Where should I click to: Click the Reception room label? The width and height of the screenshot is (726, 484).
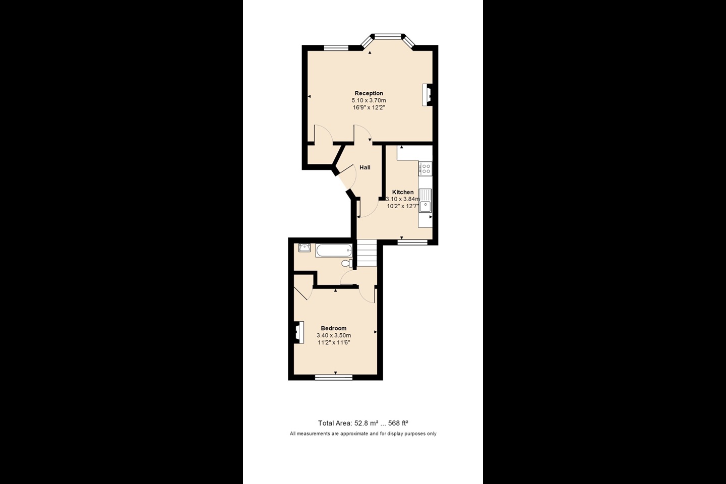click(369, 93)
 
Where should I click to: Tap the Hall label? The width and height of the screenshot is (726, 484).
click(365, 167)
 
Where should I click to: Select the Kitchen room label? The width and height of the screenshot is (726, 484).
click(403, 192)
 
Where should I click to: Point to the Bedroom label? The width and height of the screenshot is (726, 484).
click(334, 328)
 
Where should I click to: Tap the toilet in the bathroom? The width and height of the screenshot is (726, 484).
click(346, 263)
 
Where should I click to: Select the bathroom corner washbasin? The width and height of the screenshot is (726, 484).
click(304, 248)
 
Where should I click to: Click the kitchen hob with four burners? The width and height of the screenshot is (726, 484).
click(426, 168)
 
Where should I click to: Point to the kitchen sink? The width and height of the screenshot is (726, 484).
click(426, 200)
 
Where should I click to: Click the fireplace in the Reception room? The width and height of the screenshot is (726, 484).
click(427, 94)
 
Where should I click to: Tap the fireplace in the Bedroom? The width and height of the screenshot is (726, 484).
click(298, 332)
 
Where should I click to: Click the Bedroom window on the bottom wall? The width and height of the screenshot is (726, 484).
click(334, 377)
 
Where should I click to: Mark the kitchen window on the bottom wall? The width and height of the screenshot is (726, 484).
click(412, 242)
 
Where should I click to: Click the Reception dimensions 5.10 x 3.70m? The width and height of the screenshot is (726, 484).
click(369, 100)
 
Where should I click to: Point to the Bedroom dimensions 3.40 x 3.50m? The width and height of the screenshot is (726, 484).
click(334, 335)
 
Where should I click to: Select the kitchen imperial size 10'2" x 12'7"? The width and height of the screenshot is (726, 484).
click(403, 206)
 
